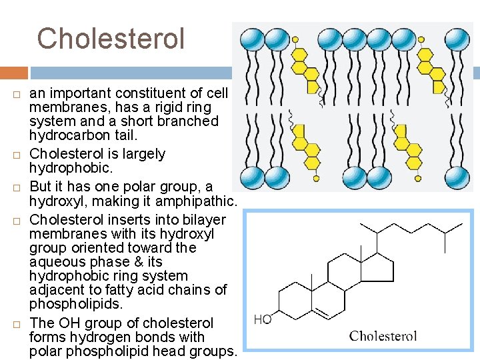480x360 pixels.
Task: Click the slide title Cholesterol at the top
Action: click(x=111, y=39)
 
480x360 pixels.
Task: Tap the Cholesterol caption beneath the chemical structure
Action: click(x=383, y=335)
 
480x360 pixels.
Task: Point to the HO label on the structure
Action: click(x=263, y=319)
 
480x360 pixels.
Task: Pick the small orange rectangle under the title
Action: click(x=14, y=73)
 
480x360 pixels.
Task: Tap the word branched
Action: click(x=188, y=121)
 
